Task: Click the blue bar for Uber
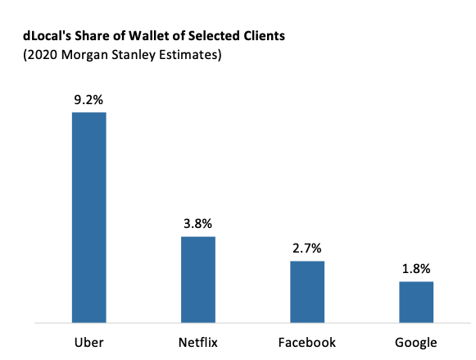pos(89,217)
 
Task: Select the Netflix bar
pos(198,280)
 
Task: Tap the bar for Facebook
pos(307,292)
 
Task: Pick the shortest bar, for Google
pos(416,302)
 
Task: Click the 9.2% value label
pos(88,100)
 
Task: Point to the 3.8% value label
pos(197,224)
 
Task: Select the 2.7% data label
pos(307,248)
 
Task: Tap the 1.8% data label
pos(416,268)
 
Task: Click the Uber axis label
pos(89,343)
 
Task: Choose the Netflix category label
pos(198,343)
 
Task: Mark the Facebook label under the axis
pos(307,343)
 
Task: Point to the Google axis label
pos(416,343)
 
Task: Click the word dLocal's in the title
pos(47,36)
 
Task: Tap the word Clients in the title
pos(264,36)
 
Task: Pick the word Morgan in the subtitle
pos(84,56)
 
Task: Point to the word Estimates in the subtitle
pos(188,55)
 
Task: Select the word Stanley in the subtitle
pos(134,56)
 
